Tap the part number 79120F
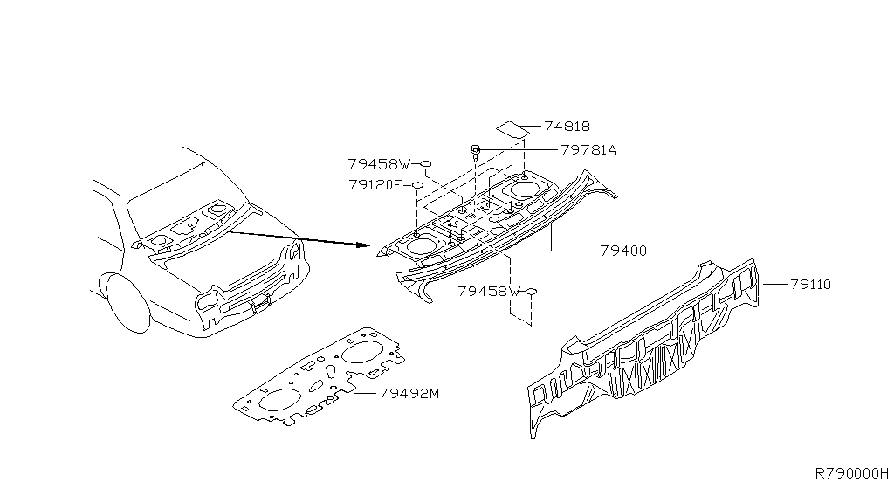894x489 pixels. click(x=374, y=185)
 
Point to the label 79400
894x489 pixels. click(x=623, y=251)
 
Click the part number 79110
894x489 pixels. click(x=810, y=284)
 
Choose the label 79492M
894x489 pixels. click(x=409, y=393)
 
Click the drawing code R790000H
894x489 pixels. click(x=852, y=472)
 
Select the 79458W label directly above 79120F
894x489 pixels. click(x=378, y=163)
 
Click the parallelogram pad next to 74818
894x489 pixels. click(x=513, y=129)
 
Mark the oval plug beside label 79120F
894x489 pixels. click(x=417, y=185)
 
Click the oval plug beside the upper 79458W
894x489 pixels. click(x=427, y=163)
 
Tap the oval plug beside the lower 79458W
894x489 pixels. click(x=531, y=291)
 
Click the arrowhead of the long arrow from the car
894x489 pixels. click(x=368, y=245)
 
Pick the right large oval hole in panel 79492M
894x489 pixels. click(x=360, y=353)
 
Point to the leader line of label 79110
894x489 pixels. click(x=775, y=284)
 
